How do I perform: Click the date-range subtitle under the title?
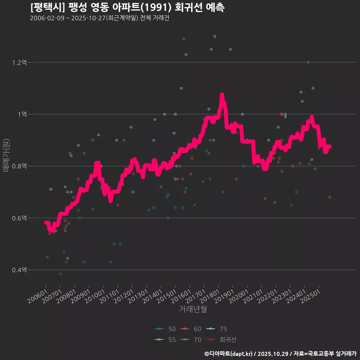click(100, 18)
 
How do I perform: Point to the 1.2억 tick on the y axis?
click(19, 62)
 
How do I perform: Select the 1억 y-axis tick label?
click(21, 114)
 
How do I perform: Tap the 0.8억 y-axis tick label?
click(19, 166)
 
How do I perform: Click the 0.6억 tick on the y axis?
click(19, 218)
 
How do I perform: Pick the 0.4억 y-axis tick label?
click(19, 270)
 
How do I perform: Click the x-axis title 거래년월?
click(193, 309)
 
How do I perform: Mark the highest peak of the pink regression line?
click(222, 95)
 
